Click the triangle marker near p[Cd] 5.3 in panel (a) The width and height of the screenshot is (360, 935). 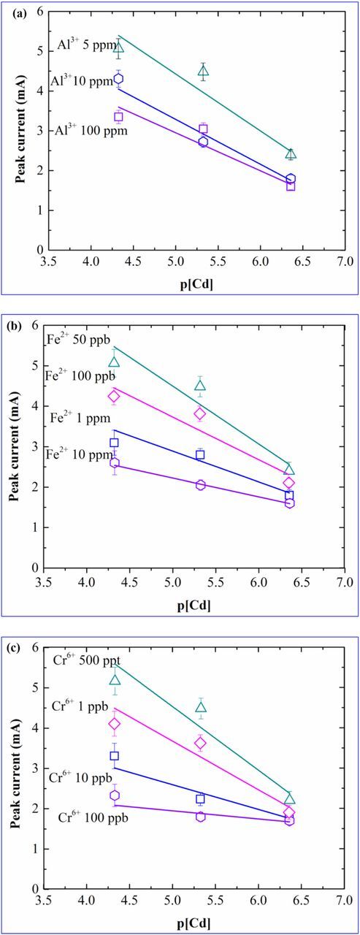[203, 71]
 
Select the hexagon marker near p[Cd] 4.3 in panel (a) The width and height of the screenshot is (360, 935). [118, 79]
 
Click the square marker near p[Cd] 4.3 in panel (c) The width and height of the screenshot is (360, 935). [114, 756]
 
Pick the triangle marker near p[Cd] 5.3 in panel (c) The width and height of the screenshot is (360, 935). [201, 706]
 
